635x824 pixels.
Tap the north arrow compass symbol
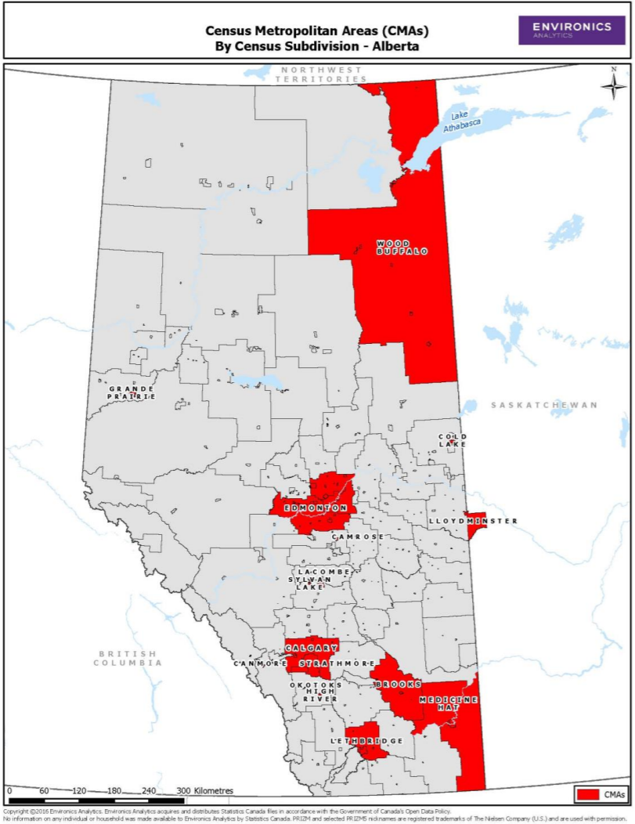click(613, 84)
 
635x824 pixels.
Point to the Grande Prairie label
click(132, 392)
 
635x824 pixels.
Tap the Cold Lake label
click(453, 440)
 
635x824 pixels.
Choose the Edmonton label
click(315, 508)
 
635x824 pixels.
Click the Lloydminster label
click(473, 521)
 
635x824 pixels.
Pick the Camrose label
click(358, 537)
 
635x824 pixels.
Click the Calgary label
click(311, 649)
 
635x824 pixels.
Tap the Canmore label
click(260, 663)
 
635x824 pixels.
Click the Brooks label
click(398, 684)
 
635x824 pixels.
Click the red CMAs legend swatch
click(588, 794)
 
